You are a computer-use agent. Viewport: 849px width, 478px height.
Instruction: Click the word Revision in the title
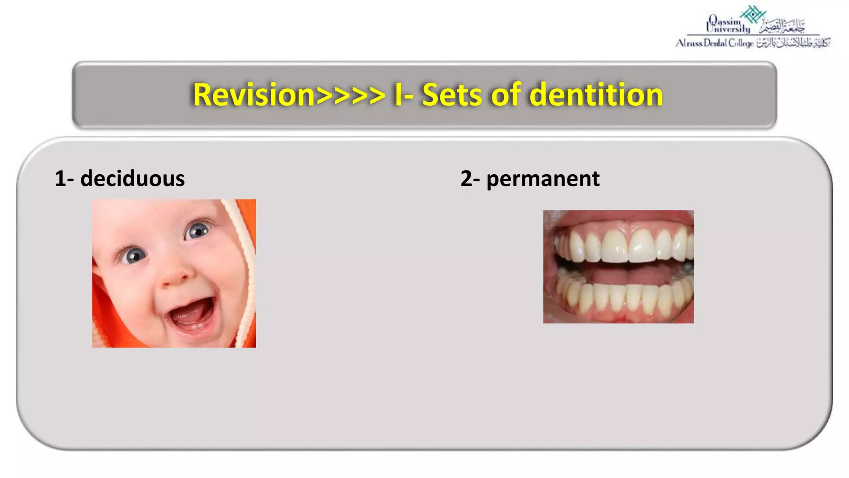(x=254, y=95)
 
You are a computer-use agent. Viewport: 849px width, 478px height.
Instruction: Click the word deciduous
(x=132, y=179)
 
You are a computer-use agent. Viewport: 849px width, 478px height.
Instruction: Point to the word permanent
(x=543, y=179)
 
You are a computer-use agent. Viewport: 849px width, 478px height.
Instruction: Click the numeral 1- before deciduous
(x=64, y=179)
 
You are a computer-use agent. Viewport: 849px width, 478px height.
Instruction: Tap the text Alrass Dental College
(x=714, y=43)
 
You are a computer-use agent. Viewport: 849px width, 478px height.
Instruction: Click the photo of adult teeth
(x=618, y=266)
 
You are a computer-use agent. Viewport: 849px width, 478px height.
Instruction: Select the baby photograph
(x=174, y=273)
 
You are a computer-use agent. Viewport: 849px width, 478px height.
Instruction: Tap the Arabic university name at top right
(x=782, y=27)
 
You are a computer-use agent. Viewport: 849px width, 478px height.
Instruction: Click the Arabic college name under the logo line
(x=793, y=43)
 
